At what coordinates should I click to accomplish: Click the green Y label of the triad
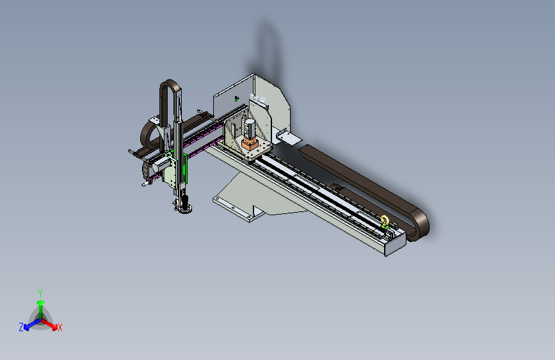pyautogui.click(x=40, y=293)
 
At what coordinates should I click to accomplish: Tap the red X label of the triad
pyautogui.click(x=60, y=327)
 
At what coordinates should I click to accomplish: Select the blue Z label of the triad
pyautogui.click(x=21, y=327)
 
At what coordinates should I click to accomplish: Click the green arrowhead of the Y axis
pyautogui.click(x=41, y=302)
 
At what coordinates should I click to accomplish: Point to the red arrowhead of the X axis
pyautogui.click(x=54, y=327)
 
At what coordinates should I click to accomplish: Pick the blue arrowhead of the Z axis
pyautogui.click(x=26, y=327)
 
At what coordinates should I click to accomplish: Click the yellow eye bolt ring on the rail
pyautogui.click(x=384, y=220)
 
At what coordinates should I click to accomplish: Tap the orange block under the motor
pyautogui.click(x=250, y=144)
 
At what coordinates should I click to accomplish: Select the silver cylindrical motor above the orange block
pyautogui.click(x=250, y=128)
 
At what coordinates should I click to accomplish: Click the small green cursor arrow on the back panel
pyautogui.click(x=236, y=99)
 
